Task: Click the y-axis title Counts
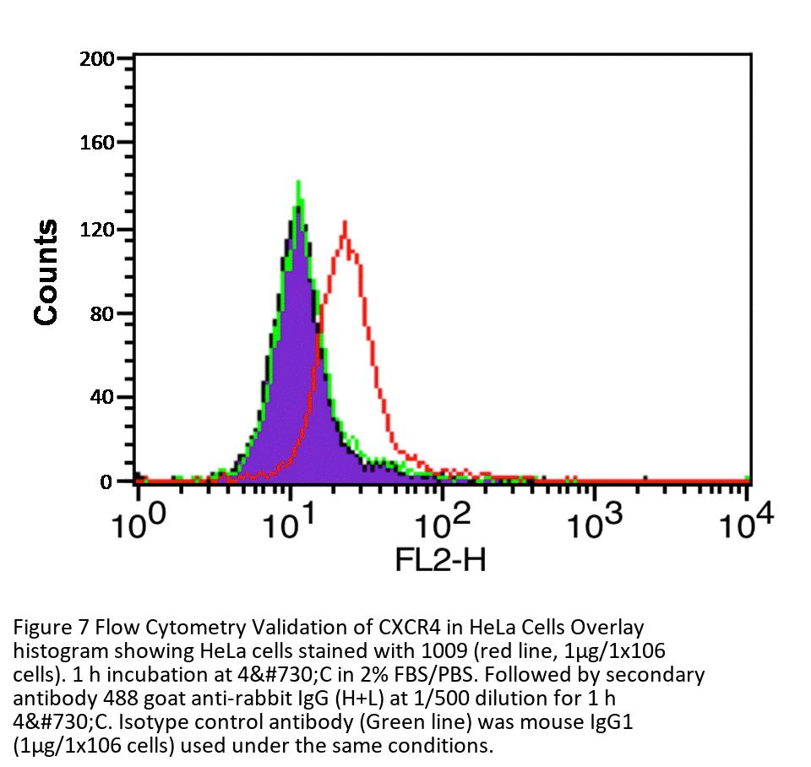coord(46,272)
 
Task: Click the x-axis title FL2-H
coord(441,559)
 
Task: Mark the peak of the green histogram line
coord(298,181)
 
